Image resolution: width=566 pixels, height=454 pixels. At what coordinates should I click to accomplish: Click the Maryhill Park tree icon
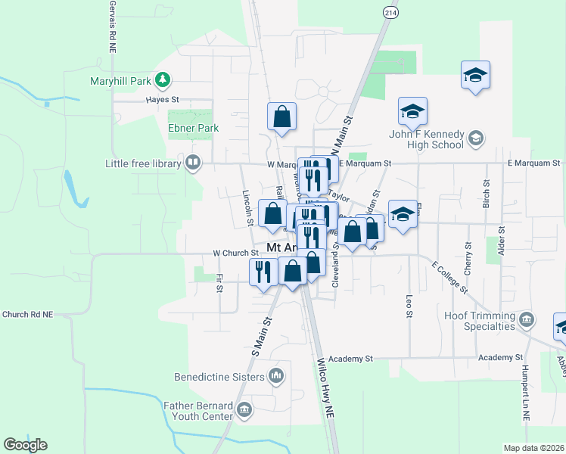point(162,79)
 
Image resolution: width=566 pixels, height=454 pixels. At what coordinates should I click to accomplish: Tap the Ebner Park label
point(193,129)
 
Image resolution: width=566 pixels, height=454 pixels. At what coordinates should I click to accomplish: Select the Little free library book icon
point(193,163)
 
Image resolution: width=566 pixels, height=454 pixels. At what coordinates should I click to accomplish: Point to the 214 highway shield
point(390,13)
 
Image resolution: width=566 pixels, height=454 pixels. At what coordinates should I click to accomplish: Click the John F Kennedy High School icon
point(475,138)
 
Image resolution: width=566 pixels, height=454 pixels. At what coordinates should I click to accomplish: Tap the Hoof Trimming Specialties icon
point(527,320)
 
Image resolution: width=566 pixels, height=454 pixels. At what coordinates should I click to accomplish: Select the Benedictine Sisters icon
point(276,376)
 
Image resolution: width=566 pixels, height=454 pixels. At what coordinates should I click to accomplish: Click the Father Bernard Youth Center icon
point(244,411)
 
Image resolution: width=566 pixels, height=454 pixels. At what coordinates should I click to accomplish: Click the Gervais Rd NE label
point(112,26)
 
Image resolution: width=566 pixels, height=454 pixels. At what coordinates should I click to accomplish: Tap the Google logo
point(25,445)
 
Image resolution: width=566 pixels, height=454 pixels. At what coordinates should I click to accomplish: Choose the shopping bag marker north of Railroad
point(281,117)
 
